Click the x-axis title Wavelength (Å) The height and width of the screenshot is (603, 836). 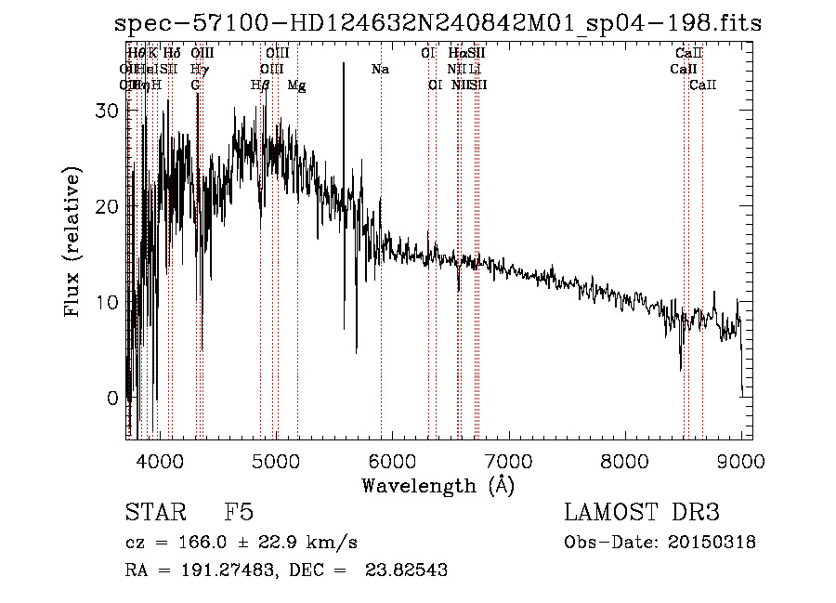(438, 485)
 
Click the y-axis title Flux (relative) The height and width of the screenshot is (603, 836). (73, 243)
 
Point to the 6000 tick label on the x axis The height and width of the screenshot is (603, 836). (392, 460)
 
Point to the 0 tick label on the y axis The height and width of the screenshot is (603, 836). (111, 398)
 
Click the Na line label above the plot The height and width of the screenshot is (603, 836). (379, 70)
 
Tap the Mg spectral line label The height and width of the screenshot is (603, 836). (296, 85)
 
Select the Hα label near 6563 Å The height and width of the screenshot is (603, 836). (458, 54)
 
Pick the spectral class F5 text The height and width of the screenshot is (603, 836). (238, 513)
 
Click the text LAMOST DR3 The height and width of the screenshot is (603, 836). (642, 513)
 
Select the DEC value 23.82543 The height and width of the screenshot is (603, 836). (410, 570)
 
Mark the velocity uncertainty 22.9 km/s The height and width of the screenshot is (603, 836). (315, 543)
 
